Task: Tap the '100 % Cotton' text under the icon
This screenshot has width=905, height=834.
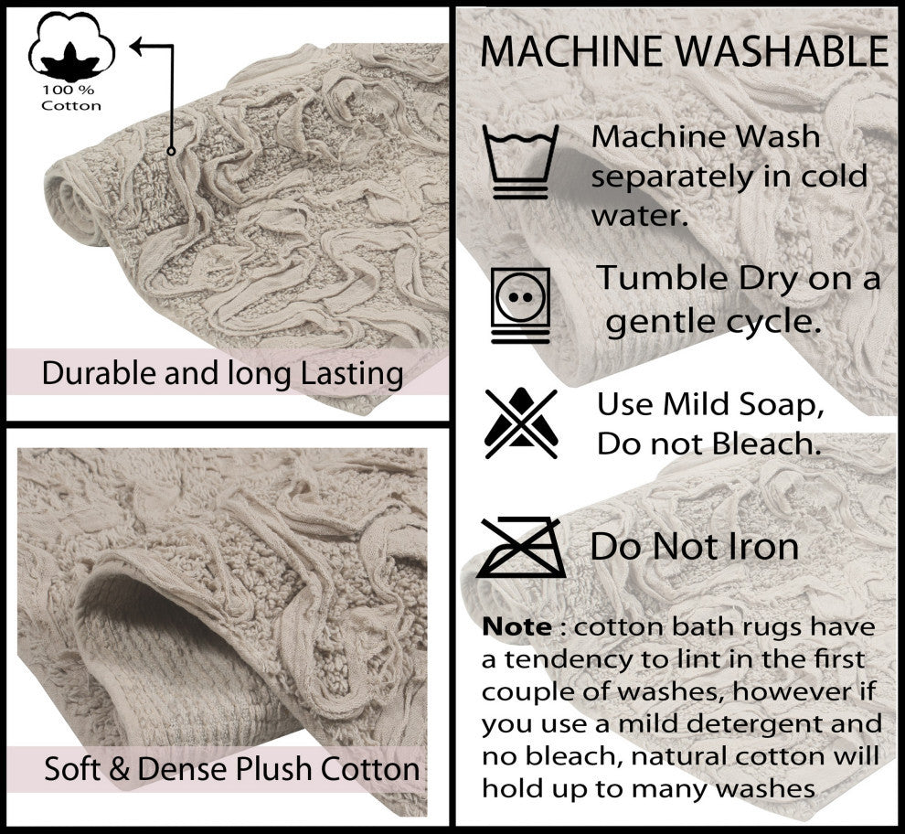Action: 71,99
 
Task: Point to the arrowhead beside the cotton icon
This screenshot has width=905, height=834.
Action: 138,45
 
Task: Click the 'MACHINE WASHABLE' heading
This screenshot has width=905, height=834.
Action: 684,51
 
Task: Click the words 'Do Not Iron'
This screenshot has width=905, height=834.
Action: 695,547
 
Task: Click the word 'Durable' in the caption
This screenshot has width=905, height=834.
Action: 96,373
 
